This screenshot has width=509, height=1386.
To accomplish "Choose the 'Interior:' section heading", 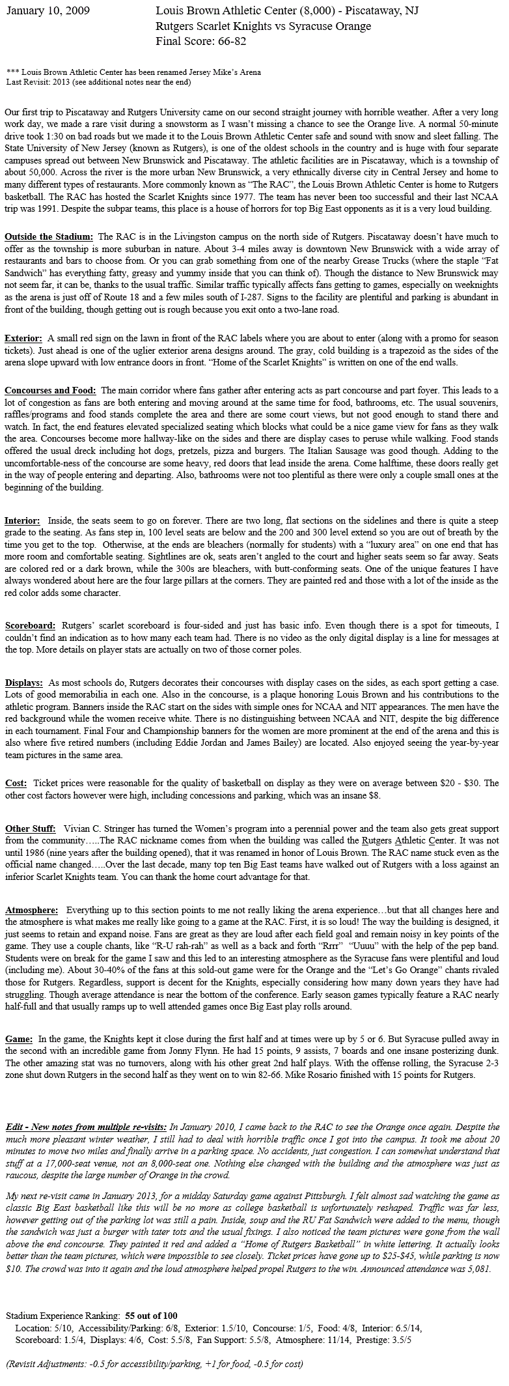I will pos(22,521).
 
